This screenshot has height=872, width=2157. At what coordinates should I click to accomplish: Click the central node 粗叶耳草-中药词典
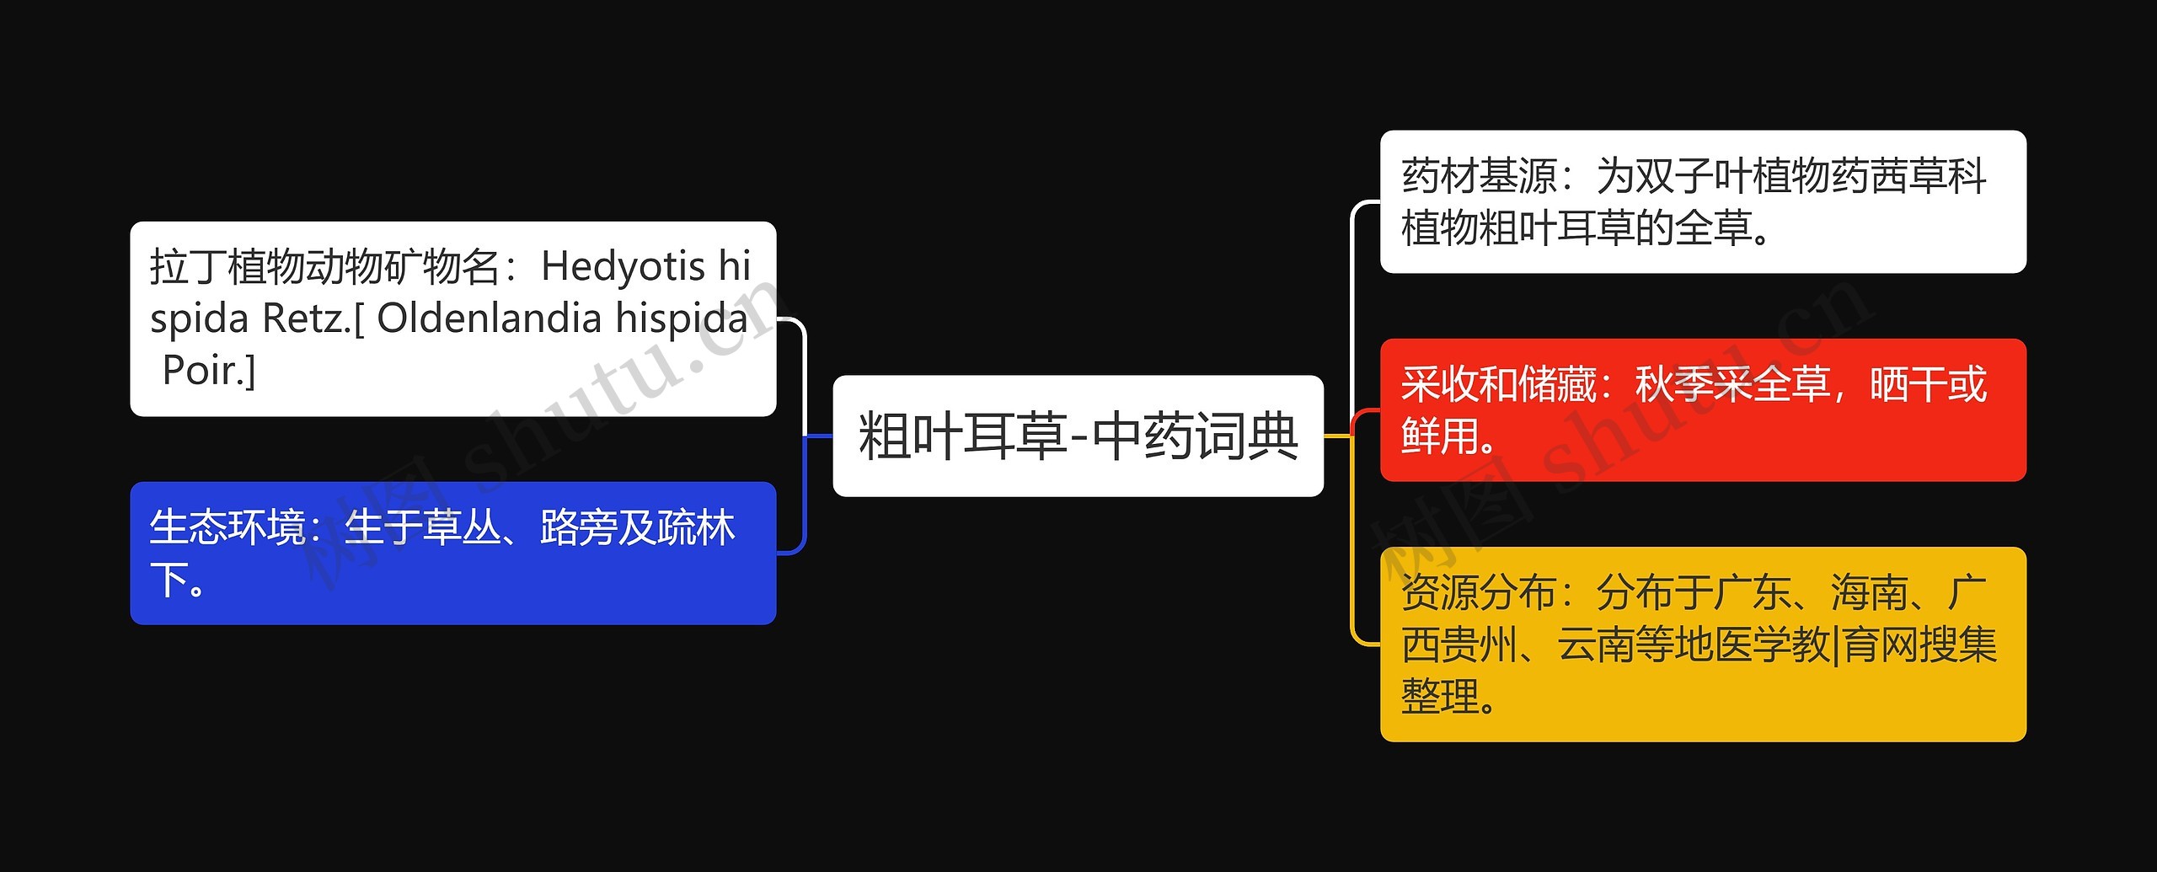1078,436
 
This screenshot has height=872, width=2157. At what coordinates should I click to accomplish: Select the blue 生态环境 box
452,553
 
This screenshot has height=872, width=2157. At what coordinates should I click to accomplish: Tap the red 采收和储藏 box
1702,410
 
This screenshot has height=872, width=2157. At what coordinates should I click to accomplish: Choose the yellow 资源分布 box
1702,645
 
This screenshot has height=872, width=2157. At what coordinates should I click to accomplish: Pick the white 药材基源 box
1702,201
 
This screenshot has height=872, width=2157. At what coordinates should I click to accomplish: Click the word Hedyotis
623,267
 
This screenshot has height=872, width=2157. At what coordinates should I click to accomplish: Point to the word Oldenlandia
489,318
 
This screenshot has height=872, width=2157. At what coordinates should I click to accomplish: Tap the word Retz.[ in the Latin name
313,318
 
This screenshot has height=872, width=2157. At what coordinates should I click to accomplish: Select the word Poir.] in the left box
209,371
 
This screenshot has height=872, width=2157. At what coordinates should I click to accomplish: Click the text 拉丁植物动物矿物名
324,267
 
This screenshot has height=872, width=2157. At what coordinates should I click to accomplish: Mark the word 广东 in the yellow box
1753,593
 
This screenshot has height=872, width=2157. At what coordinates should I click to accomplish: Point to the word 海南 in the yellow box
1869,593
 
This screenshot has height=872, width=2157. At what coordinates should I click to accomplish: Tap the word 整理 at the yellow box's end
1440,698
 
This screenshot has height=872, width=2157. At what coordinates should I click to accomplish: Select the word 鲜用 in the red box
1440,437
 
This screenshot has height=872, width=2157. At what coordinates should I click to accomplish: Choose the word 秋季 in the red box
1673,385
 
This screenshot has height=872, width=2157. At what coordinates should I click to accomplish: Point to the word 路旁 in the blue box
579,528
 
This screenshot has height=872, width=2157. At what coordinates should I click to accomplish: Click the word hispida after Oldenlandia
682,318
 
